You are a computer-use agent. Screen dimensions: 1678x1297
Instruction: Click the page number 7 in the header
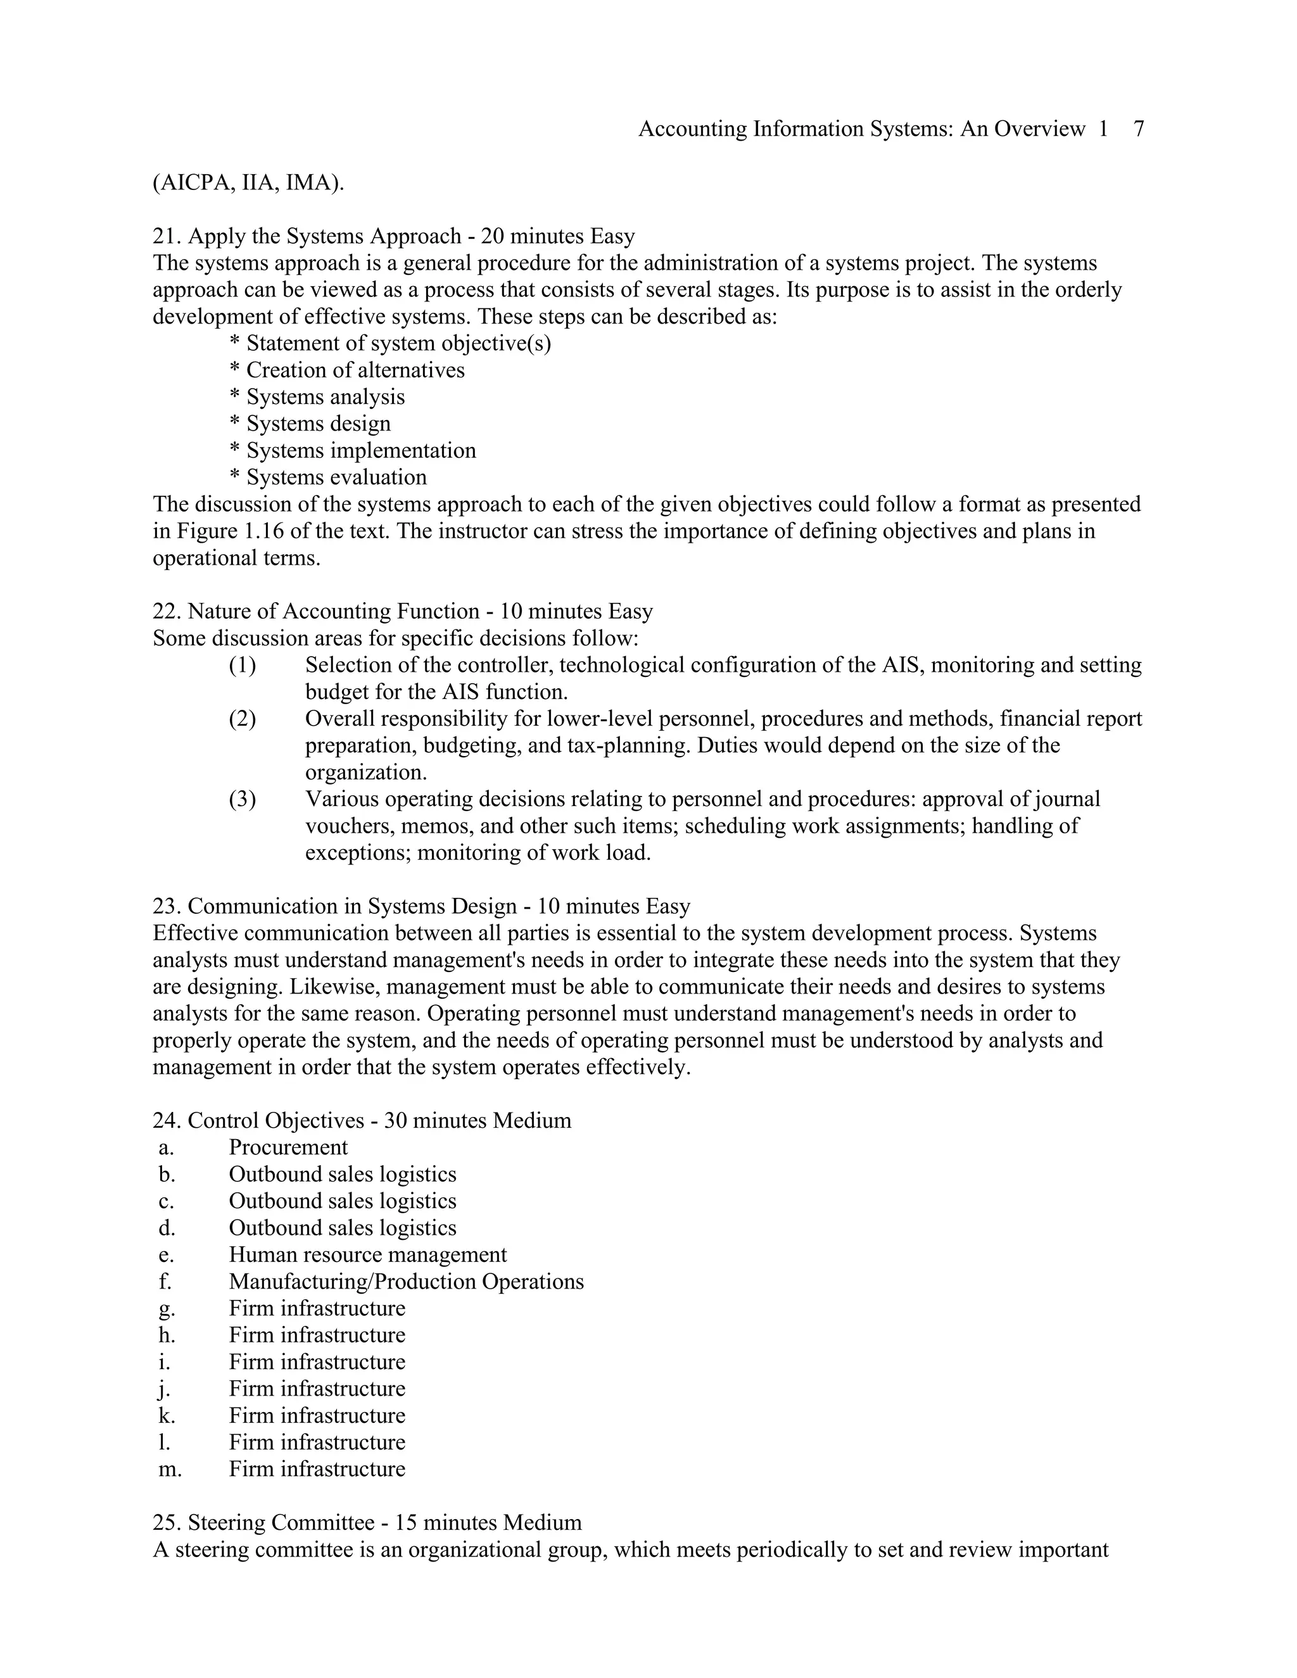click(x=1139, y=129)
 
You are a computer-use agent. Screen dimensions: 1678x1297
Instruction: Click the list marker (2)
click(x=242, y=719)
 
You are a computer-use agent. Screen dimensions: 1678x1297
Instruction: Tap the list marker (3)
click(x=242, y=799)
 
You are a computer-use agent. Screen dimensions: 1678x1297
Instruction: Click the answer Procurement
click(x=288, y=1148)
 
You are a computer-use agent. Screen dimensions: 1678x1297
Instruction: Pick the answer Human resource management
click(x=367, y=1254)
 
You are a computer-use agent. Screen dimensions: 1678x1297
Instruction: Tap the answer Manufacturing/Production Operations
click(x=406, y=1282)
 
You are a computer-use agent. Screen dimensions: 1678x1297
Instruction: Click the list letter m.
click(x=170, y=1469)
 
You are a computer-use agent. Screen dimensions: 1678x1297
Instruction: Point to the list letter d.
click(x=167, y=1228)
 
